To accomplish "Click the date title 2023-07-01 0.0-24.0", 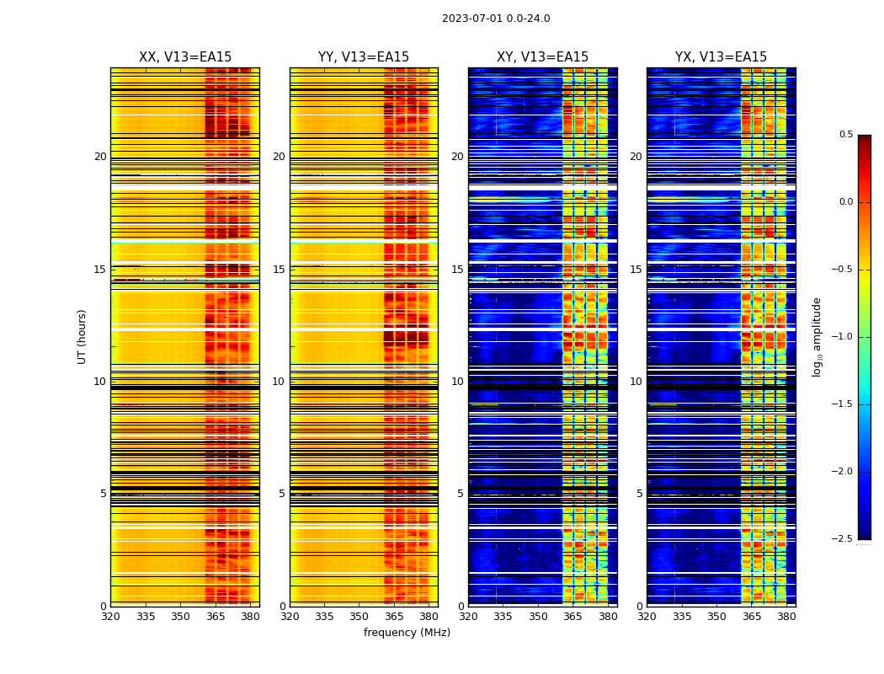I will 496,19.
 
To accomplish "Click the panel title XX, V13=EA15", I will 185,57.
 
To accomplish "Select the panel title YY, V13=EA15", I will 364,57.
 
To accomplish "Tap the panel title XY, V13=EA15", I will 542,57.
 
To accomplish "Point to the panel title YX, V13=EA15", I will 721,57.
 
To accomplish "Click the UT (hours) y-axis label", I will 83,336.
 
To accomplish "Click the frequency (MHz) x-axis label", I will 407,633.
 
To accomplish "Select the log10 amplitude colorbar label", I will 817,336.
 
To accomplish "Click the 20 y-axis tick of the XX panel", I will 100,157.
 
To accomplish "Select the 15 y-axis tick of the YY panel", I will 279,270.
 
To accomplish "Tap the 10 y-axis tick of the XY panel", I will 457,382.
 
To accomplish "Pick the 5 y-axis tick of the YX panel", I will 639,494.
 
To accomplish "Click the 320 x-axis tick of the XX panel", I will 110,617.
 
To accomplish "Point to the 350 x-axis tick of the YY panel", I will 359,617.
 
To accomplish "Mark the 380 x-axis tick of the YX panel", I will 786,617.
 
